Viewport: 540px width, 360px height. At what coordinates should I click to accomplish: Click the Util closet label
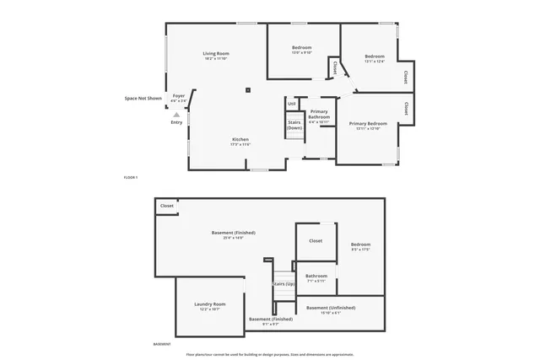291,104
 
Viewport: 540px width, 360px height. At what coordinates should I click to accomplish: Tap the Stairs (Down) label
294,125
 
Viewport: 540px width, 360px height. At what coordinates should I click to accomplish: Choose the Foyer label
179,96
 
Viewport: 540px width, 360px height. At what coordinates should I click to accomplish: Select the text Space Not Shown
143,98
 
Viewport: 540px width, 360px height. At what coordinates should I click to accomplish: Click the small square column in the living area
248,90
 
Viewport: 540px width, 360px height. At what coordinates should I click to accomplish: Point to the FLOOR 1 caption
131,177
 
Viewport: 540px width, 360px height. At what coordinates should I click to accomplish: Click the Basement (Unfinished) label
331,307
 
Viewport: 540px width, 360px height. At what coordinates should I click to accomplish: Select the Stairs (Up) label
284,284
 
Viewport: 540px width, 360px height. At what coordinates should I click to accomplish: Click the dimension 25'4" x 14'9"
233,238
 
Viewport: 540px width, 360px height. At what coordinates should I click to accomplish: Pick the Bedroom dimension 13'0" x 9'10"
302,52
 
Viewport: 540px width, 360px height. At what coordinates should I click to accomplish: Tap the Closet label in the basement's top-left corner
167,205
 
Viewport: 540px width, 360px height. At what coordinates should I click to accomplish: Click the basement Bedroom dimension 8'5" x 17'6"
361,249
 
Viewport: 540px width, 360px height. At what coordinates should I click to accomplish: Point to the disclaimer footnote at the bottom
270,354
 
